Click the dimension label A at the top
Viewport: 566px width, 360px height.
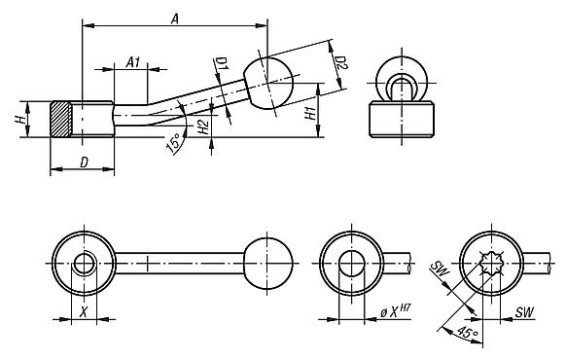point(173,18)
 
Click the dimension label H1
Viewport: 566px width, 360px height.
point(309,112)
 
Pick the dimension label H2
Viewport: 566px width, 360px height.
point(202,126)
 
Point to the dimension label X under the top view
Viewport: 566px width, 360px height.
point(84,313)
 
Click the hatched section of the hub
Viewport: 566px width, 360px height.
point(60,120)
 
